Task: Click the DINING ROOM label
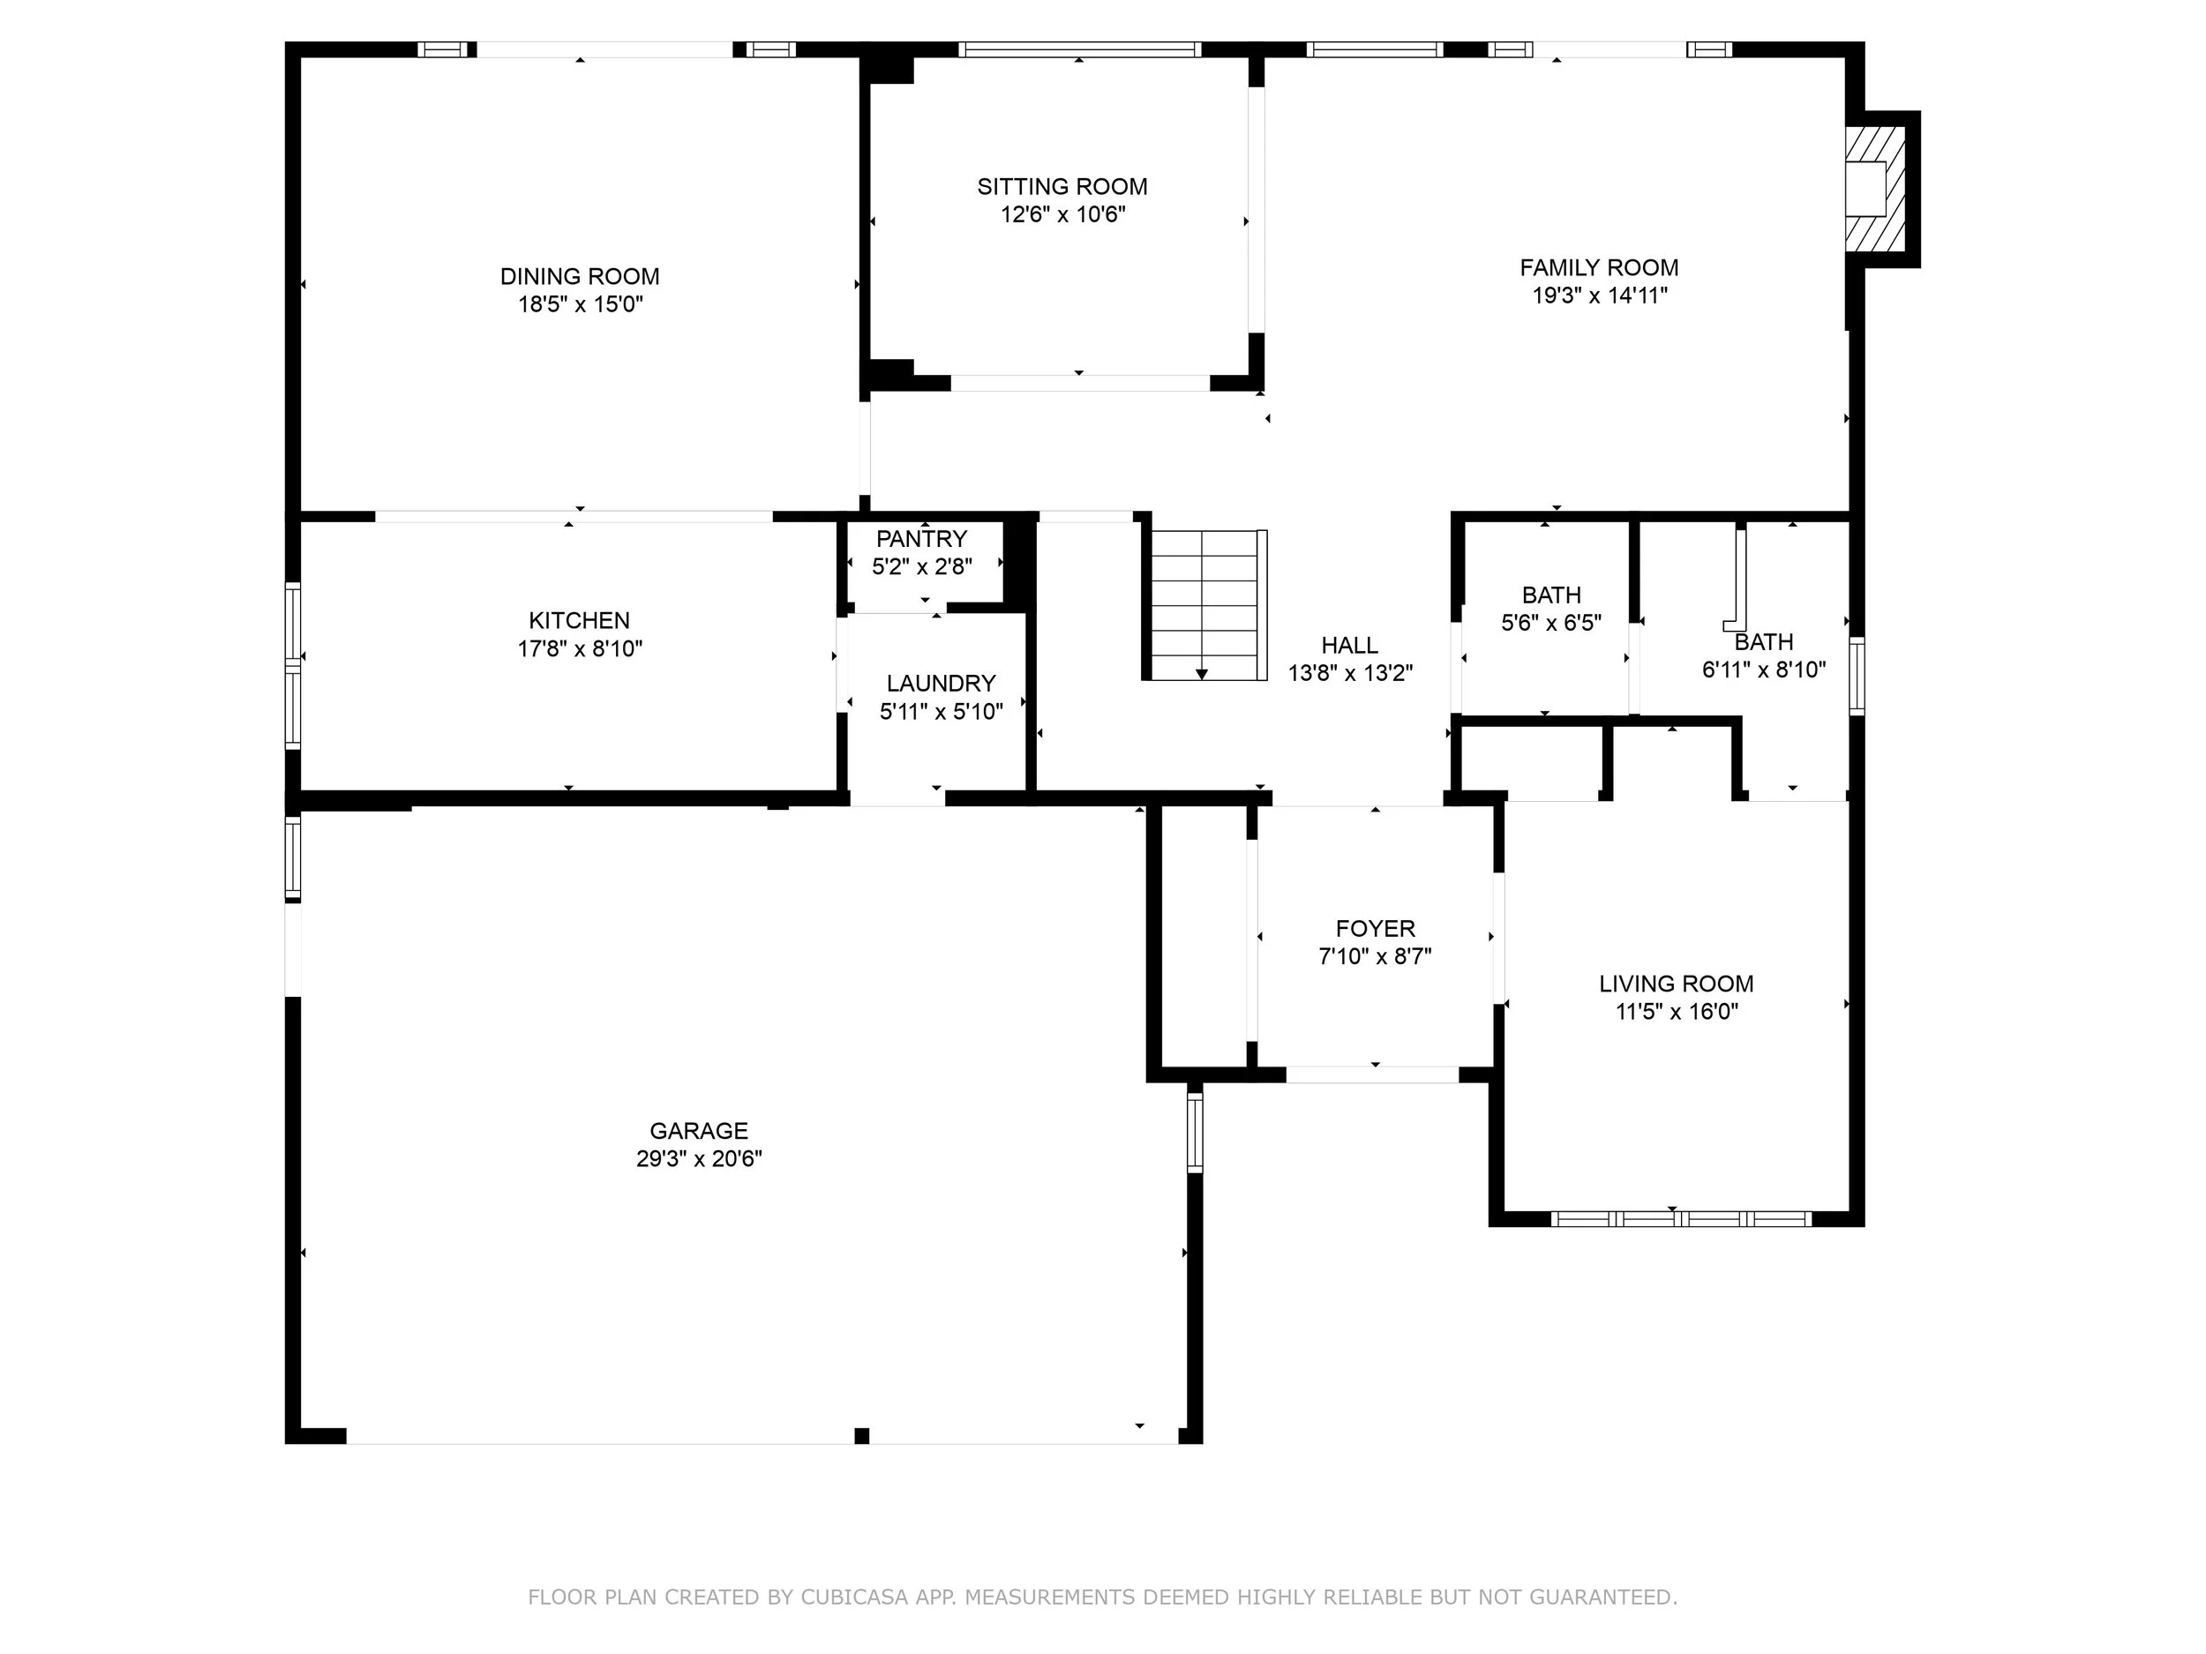(580, 276)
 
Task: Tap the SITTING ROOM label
(1062, 186)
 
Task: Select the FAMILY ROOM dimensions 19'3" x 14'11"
(1600, 296)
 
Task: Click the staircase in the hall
(1204, 605)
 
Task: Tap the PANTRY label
(921, 538)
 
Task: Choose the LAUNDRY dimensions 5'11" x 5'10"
(941, 711)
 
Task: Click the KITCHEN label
(580, 620)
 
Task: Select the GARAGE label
(698, 1131)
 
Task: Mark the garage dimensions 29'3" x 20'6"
(698, 1158)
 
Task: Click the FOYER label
(1376, 928)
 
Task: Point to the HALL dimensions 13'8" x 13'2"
(1350, 673)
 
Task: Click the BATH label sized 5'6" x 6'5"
(1550, 595)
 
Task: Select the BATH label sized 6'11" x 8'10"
(1763, 642)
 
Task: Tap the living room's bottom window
(1682, 1217)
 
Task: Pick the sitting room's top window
(1079, 49)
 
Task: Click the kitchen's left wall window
(293, 665)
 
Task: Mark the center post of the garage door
(861, 1435)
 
